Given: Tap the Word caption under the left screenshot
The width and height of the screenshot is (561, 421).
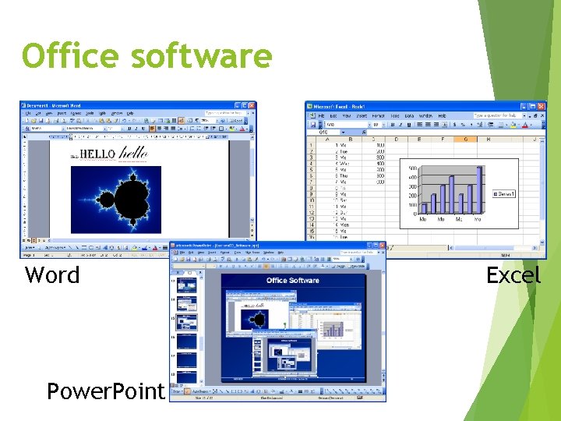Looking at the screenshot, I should (x=52, y=274).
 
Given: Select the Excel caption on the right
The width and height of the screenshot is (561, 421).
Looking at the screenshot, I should (x=513, y=274).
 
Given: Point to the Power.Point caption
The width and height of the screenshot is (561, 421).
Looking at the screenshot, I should (x=106, y=390).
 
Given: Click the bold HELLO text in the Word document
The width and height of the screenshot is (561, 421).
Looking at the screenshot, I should (x=97, y=154).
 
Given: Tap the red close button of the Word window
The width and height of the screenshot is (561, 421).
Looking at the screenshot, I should (x=251, y=105).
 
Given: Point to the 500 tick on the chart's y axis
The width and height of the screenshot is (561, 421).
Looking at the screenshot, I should (x=412, y=168).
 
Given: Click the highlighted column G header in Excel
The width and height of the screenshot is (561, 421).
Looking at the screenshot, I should (x=466, y=140).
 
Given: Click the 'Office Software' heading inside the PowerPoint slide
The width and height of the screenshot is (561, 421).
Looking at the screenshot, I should (x=292, y=281).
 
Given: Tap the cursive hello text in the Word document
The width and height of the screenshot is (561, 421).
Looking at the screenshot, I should (x=132, y=153).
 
